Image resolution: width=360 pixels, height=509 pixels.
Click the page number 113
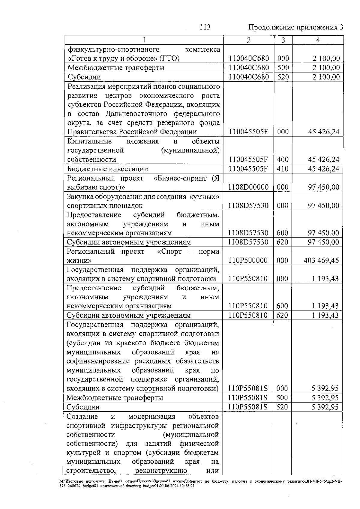pyautogui.click(x=205, y=27)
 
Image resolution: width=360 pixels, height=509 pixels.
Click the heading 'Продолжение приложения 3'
pyautogui.click(x=295, y=28)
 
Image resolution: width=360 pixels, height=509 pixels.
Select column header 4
pyautogui.click(x=318, y=40)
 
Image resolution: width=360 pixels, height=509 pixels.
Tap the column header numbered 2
pyautogui.click(x=248, y=40)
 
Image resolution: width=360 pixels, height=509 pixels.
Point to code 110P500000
pyautogui.click(x=248, y=260)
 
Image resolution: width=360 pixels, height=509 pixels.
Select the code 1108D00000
pyautogui.click(x=248, y=187)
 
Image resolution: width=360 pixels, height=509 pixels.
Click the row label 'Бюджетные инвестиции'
pyautogui.click(x=107, y=169)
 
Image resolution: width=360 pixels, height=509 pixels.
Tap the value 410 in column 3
pyautogui.click(x=282, y=169)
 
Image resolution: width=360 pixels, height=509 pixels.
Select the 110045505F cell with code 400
pyautogui.click(x=248, y=160)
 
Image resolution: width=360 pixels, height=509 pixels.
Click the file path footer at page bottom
pyautogui.click(x=201, y=483)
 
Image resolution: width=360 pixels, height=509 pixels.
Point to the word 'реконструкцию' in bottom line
pyautogui.click(x=161, y=471)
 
